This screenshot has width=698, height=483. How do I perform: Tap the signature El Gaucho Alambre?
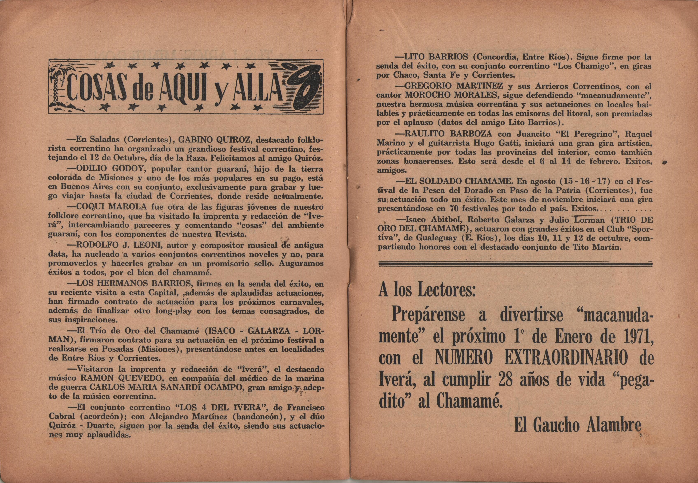pyautogui.click(x=577, y=426)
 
